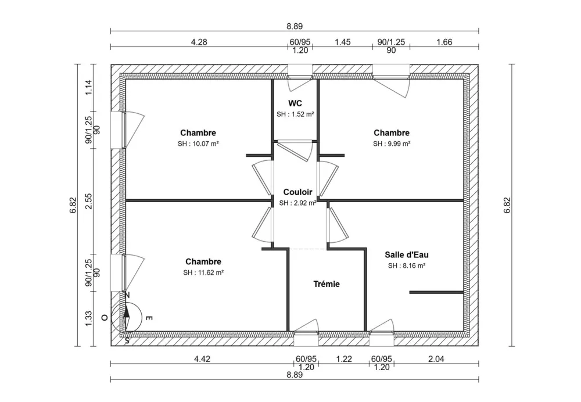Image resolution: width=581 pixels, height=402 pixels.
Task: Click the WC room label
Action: (x=295, y=103)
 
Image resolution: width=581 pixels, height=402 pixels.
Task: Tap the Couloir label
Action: (x=297, y=192)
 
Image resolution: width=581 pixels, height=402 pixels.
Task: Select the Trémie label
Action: (x=326, y=284)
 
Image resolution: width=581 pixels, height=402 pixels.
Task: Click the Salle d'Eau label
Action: (x=407, y=254)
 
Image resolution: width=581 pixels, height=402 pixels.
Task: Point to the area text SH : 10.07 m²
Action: (x=198, y=143)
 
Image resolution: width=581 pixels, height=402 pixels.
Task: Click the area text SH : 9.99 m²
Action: (x=392, y=143)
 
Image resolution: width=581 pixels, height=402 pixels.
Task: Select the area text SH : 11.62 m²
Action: (x=203, y=272)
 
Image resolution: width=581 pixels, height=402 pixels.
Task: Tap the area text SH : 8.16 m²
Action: (x=407, y=265)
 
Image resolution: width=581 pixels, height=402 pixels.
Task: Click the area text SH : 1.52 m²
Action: (x=295, y=114)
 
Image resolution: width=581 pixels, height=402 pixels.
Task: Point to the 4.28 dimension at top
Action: (x=199, y=42)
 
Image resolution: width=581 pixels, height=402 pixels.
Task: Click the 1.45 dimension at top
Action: (x=342, y=42)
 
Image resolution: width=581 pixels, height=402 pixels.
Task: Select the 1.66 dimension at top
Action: (x=444, y=42)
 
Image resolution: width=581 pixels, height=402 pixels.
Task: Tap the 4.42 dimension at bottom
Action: (x=202, y=359)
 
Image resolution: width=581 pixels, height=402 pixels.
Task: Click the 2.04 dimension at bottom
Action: (x=436, y=359)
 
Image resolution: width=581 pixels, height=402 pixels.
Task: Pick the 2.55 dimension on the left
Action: (x=89, y=202)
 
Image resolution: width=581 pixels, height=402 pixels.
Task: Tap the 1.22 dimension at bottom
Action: (x=344, y=359)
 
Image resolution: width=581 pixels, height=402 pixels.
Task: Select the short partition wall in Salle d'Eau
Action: (x=436, y=292)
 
